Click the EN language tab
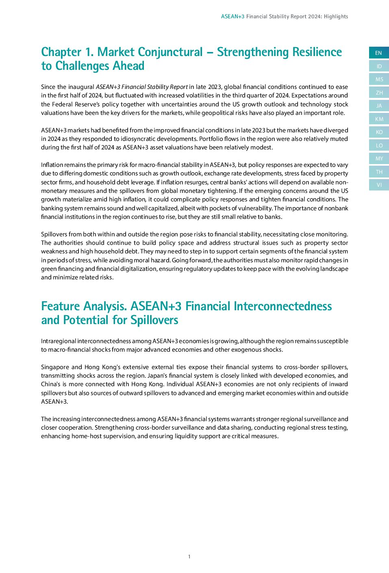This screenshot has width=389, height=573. point(378,53)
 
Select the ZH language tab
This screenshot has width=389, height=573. point(379,93)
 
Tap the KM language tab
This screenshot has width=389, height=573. point(379,119)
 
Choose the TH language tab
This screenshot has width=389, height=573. point(379,172)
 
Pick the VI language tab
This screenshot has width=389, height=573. point(379,185)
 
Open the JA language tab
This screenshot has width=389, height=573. point(379,106)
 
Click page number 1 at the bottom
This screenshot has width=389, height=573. point(189,557)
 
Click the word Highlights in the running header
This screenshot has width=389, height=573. point(336,17)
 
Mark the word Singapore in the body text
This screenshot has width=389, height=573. point(55,367)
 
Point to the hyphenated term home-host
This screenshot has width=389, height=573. point(87,436)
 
